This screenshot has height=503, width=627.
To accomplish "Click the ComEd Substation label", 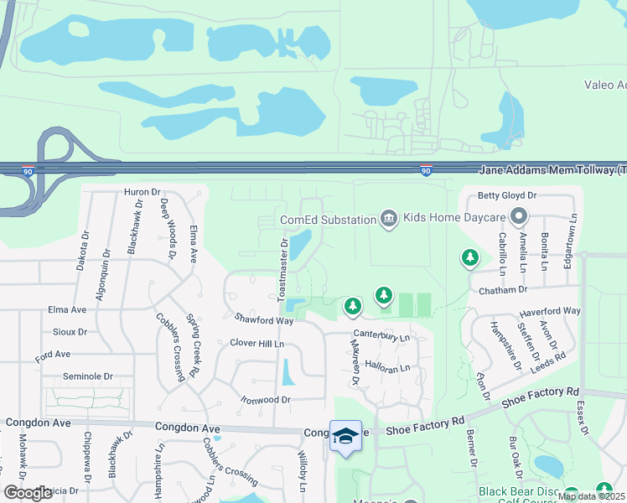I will [328, 220].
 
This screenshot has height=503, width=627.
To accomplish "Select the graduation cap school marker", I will [345, 436].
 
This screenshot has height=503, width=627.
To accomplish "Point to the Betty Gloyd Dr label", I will [506, 196].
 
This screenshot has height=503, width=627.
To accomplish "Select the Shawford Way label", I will [263, 319].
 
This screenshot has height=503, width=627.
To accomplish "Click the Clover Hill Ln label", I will [257, 344].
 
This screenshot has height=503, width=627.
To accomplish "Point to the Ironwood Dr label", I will [265, 400].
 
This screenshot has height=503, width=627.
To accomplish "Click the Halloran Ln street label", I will [387, 368].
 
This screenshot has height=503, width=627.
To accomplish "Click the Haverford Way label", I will [549, 311].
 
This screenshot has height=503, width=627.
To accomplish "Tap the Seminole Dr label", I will [85, 376].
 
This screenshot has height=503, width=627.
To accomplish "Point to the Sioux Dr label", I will [70, 331].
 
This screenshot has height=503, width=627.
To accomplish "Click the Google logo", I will [28, 493].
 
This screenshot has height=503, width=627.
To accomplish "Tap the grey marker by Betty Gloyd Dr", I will [519, 217].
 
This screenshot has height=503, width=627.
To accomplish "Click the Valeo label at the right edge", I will [604, 85].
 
